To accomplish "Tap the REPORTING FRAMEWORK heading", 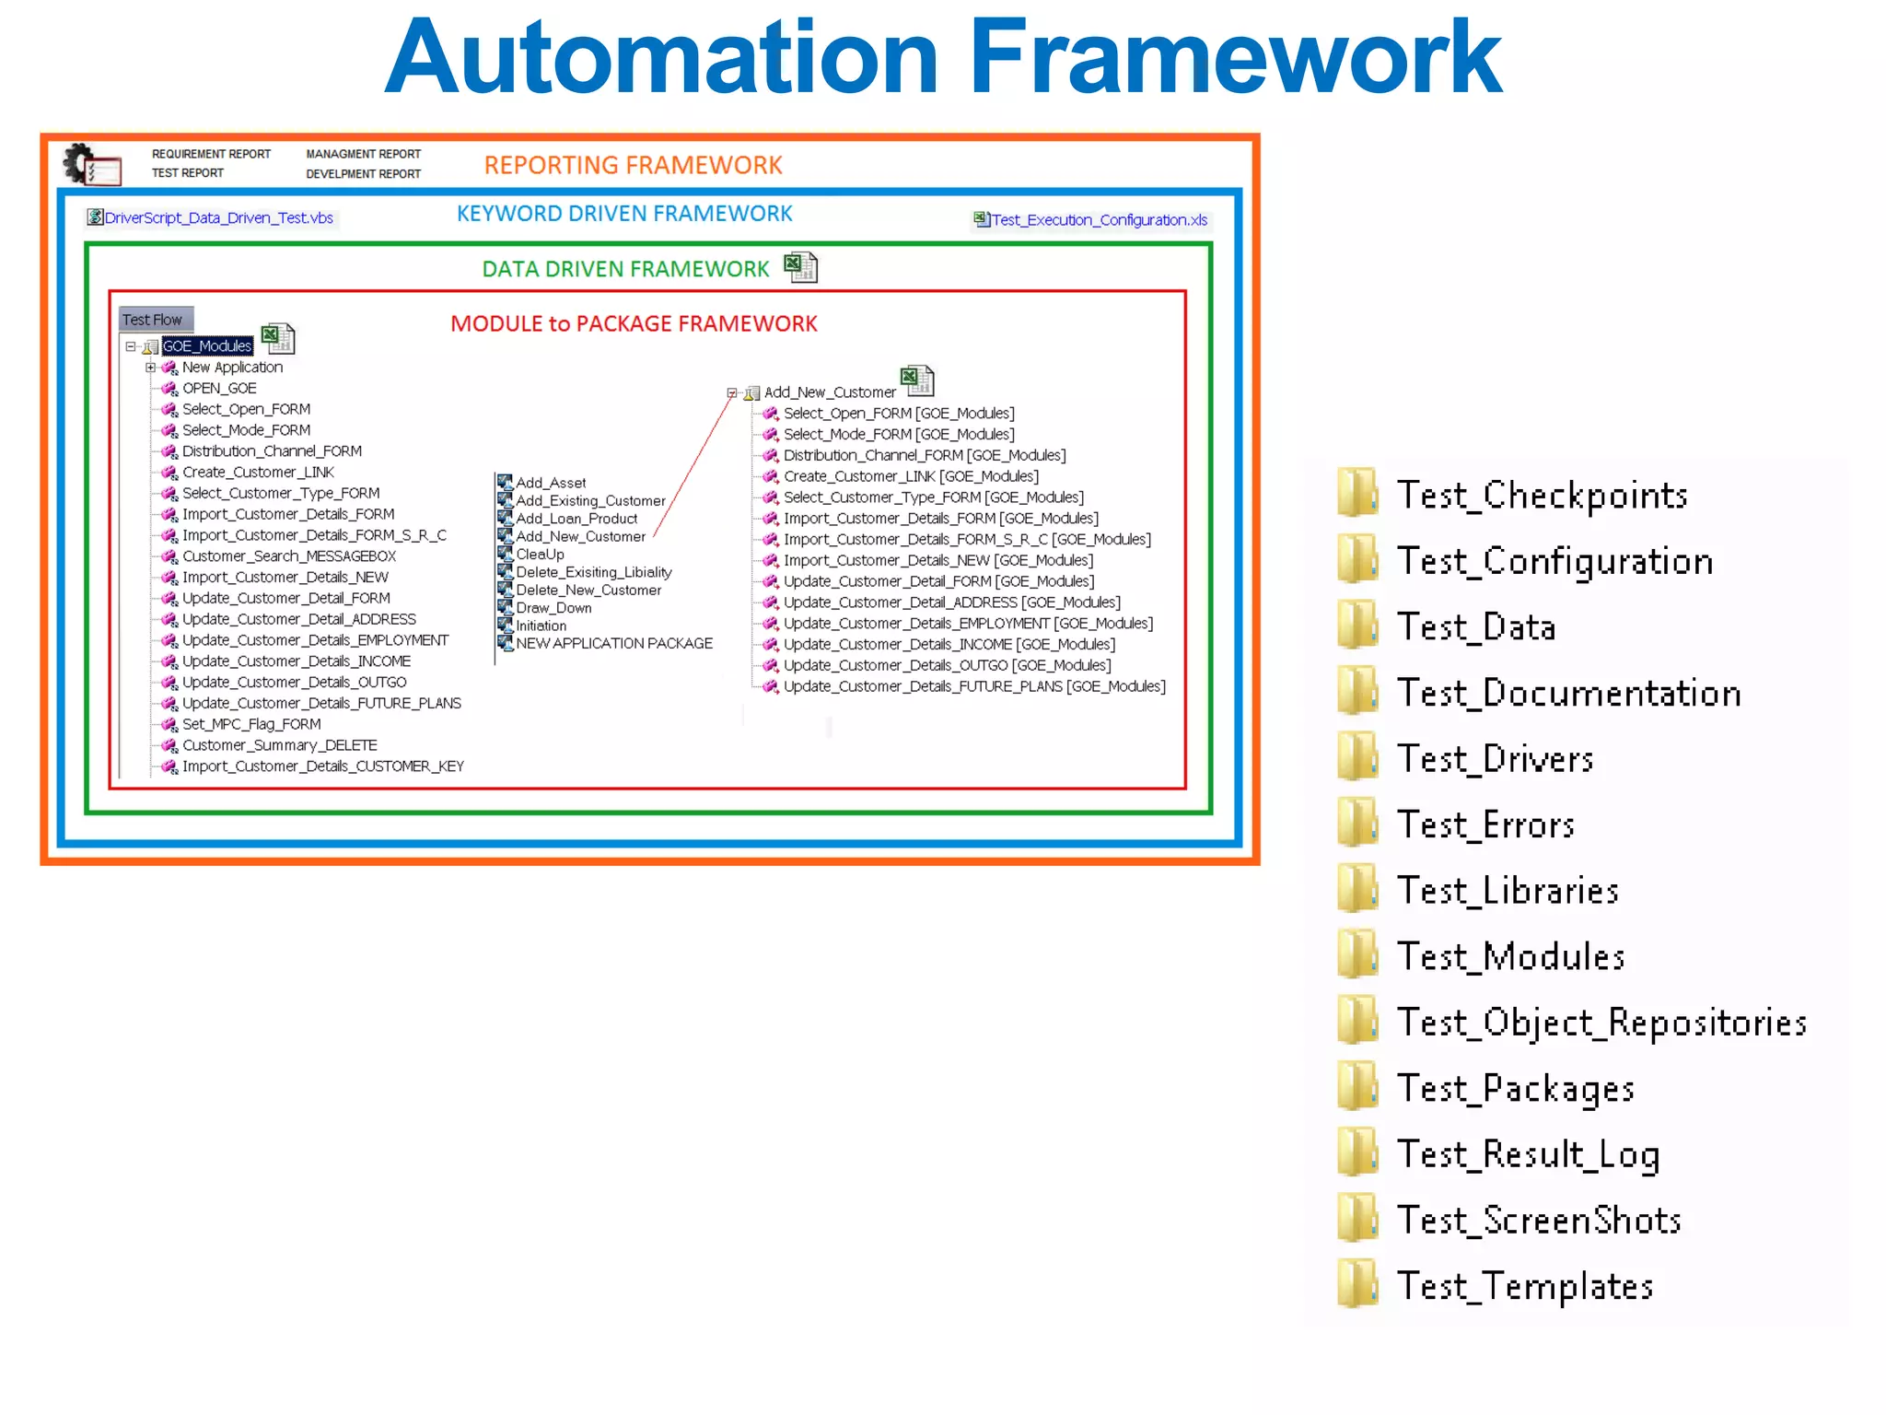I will (x=633, y=165).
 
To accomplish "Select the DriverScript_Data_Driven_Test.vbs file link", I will (x=218, y=218).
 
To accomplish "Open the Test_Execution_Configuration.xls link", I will (x=1098, y=220).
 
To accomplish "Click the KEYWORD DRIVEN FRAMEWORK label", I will (x=624, y=214).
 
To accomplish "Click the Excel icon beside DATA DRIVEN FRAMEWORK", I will (x=799, y=267).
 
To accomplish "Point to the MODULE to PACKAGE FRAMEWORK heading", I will (x=634, y=324).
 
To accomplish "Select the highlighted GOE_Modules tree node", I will (x=207, y=346).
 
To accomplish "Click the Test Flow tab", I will (x=155, y=320).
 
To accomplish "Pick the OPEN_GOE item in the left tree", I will (x=219, y=389).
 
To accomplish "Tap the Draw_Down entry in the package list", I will (x=553, y=608).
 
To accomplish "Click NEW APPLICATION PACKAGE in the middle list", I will (x=613, y=644).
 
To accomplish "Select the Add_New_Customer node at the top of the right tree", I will (x=829, y=392).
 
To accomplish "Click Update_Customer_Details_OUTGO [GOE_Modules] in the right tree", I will (x=947, y=665).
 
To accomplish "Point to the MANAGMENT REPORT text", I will (x=363, y=154).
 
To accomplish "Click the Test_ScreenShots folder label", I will (x=1539, y=1220).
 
